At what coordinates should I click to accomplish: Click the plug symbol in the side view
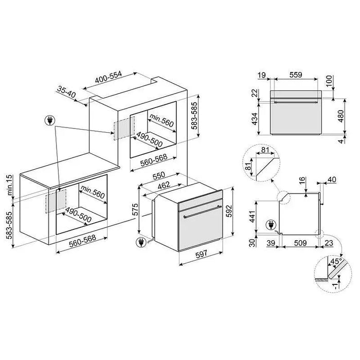pyautogui.click(x=269, y=224)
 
